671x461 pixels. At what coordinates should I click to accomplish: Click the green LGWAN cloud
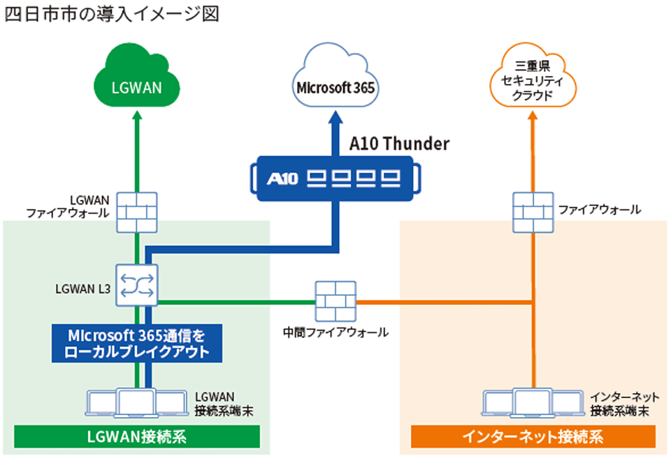pos(138,87)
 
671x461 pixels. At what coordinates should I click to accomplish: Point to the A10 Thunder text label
pos(399,145)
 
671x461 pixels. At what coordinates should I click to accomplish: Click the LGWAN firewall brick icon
pos(137,210)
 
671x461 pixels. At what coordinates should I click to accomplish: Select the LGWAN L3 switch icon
pos(138,284)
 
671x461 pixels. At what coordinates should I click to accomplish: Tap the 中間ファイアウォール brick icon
pos(335,302)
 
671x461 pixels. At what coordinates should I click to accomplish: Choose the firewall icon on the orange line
pos(533,210)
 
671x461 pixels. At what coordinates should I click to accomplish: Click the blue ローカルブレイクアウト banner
pos(136,342)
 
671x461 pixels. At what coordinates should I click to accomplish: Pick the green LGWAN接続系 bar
pos(136,437)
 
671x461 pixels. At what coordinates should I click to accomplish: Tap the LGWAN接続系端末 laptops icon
pos(137,403)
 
